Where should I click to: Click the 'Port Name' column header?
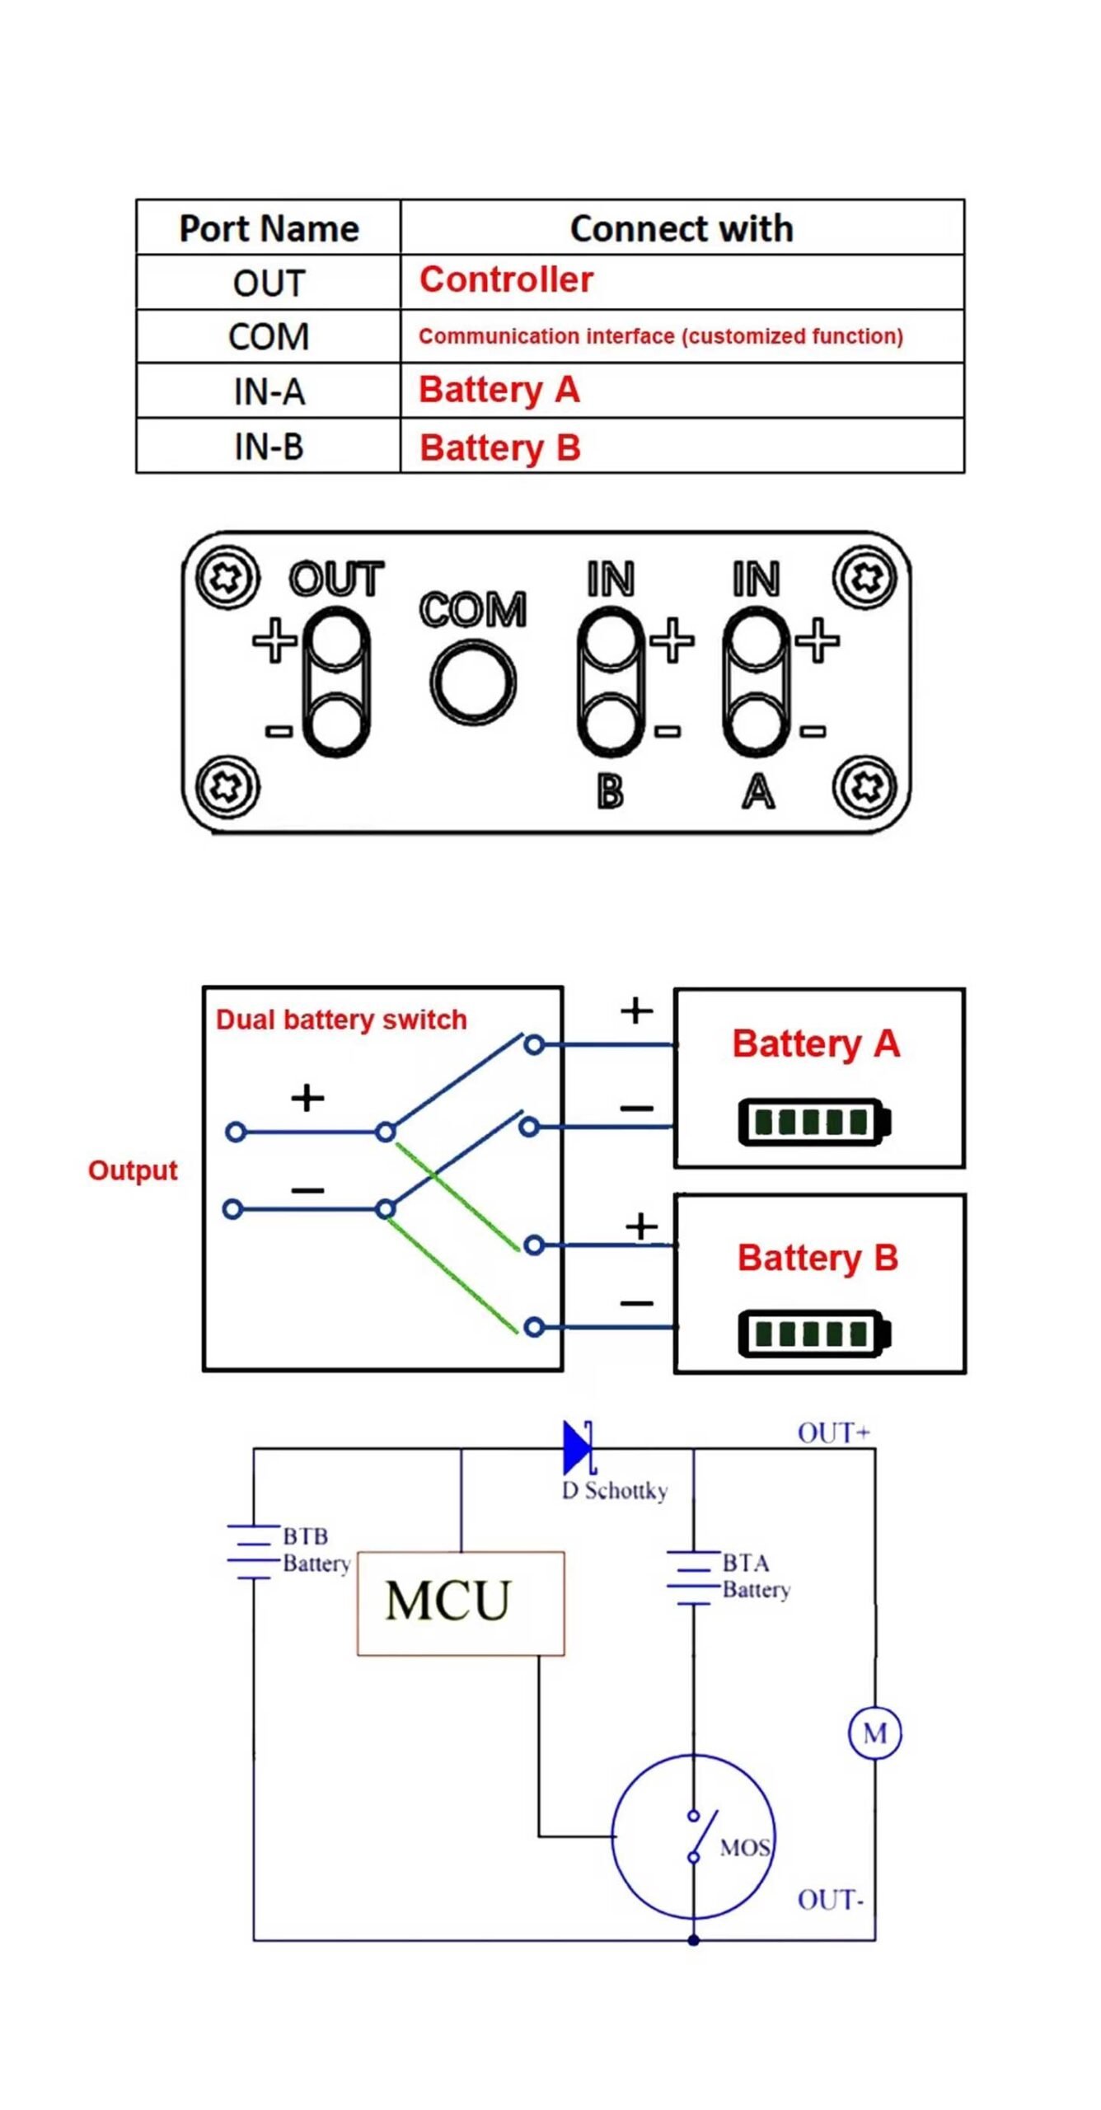(x=269, y=228)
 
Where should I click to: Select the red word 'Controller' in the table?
(x=506, y=280)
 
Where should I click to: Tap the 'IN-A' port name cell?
(x=269, y=392)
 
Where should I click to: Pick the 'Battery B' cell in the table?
(x=500, y=448)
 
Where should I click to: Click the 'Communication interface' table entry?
(x=660, y=336)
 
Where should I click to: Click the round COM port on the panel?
(x=473, y=683)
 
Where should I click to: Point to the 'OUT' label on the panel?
(x=336, y=579)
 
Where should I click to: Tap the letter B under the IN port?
(x=610, y=792)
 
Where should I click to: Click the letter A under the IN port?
(x=758, y=792)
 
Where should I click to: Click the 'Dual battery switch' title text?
(x=341, y=1020)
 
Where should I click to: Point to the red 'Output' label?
(x=133, y=1170)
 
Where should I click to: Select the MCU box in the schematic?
(x=461, y=1603)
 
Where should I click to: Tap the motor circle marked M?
(x=874, y=1733)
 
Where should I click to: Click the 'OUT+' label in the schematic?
(x=833, y=1433)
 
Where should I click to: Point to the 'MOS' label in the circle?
(x=745, y=1849)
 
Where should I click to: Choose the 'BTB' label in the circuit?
(x=306, y=1536)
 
